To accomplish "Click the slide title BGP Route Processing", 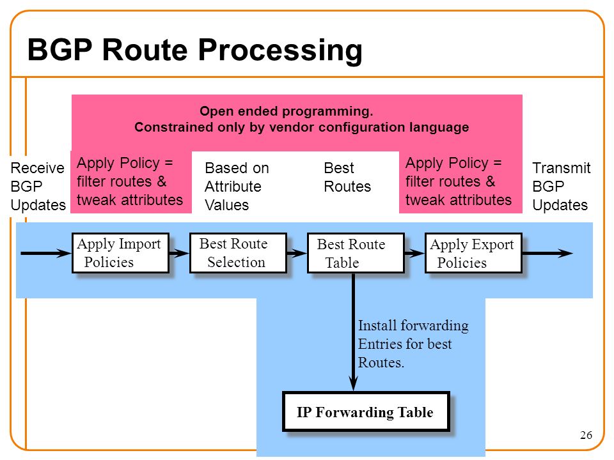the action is coord(194,50).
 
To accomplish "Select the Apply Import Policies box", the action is coord(121,253).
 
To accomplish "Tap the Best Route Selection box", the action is coord(238,253).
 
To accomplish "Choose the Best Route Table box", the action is coord(356,253).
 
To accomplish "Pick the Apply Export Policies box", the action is coord(473,253).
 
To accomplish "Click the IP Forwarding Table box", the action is coord(366,411).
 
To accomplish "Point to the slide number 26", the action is coord(586,435).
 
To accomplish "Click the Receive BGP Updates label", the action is coord(38,186).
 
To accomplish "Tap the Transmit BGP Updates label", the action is coord(561,186).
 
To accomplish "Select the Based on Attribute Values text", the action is coord(237,186).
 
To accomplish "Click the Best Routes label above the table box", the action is coord(347,177).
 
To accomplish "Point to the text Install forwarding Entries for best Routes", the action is coord(413,344).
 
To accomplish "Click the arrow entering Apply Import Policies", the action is coord(46,253).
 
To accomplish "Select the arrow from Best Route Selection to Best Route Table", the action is coord(297,253).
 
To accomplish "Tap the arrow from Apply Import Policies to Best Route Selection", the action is coord(179,253).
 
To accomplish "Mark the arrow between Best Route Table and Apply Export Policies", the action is coord(414,253).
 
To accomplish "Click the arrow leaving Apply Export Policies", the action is coord(547,253).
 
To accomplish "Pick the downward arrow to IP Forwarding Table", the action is coord(353,332).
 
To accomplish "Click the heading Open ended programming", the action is coord(287,111).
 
